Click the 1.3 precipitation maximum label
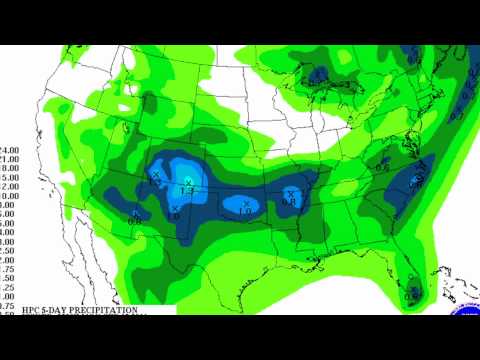[x=187, y=190]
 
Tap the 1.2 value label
[x=157, y=183]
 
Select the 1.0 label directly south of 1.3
[x=176, y=215]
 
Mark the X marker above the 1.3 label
[x=187, y=181]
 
